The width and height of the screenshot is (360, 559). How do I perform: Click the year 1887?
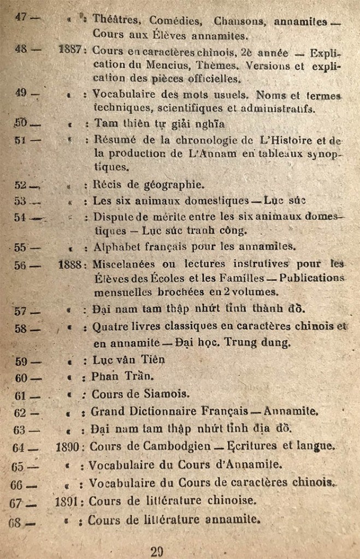pos(70,49)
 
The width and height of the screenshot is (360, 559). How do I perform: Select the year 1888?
pos(70,265)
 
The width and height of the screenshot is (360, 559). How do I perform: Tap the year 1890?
pos(68,447)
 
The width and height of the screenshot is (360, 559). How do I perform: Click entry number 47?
pos(21,17)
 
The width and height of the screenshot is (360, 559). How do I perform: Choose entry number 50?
pos(21,123)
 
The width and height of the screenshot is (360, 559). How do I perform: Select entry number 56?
pos(20,265)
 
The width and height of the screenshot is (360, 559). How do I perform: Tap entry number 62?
pos(20,413)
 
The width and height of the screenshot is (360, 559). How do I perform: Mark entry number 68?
pos(15,521)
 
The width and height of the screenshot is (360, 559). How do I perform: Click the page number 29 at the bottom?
pos(157,551)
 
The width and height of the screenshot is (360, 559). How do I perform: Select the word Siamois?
pos(167,394)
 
